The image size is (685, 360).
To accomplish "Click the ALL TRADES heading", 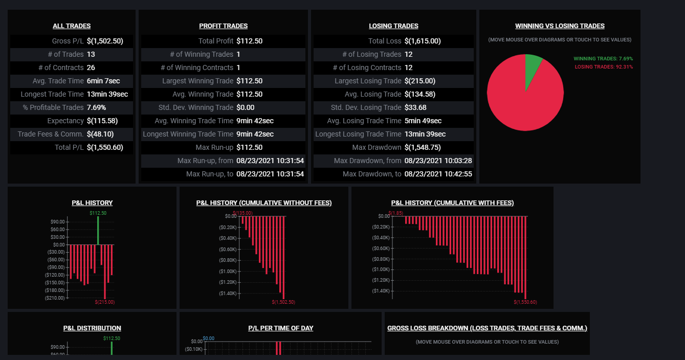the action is click(x=72, y=26).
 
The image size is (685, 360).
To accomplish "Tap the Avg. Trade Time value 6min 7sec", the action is click(x=103, y=81).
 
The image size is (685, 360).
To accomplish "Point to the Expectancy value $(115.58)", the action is click(x=102, y=121).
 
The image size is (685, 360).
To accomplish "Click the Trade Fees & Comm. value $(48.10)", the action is click(x=100, y=134).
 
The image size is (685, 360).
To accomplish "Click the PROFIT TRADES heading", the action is click(x=223, y=26).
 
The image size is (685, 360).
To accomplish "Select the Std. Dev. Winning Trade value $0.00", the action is click(x=245, y=107).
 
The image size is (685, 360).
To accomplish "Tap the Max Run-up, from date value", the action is click(x=270, y=161).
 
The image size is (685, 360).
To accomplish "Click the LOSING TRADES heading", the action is click(x=393, y=26).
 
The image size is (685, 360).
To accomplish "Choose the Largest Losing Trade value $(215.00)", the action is click(x=420, y=81).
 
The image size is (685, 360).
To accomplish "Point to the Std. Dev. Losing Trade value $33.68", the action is click(x=415, y=107).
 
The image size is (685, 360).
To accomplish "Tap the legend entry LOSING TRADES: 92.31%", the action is click(x=604, y=67).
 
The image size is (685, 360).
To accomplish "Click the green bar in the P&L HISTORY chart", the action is click(x=98, y=231).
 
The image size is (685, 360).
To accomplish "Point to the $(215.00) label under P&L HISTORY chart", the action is click(x=104, y=302).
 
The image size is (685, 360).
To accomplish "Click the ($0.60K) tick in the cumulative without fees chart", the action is click(x=228, y=250).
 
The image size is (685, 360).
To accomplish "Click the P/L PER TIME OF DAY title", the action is click(x=281, y=328).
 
